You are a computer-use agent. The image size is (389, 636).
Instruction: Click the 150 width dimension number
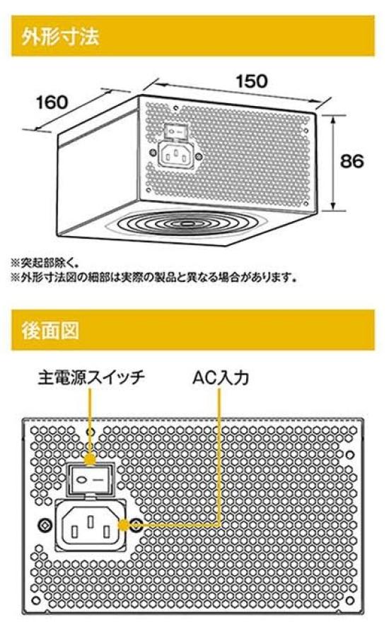click(252, 81)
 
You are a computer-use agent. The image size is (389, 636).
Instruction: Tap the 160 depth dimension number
click(52, 102)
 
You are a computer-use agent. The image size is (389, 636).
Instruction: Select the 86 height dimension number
click(352, 161)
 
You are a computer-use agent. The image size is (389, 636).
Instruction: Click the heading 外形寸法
click(61, 37)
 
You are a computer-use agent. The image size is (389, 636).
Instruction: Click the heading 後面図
click(50, 331)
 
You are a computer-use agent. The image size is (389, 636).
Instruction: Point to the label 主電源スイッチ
click(91, 377)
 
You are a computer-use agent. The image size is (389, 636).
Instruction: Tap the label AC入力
click(221, 377)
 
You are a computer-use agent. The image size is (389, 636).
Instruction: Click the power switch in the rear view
click(91, 478)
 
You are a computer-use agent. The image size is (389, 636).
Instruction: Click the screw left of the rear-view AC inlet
click(45, 525)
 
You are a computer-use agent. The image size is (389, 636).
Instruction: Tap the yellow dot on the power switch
click(90, 459)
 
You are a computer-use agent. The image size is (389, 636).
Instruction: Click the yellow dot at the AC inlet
click(123, 525)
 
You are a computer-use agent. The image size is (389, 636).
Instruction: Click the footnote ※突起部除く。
click(45, 263)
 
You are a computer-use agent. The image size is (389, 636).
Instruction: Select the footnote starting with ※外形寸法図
click(153, 278)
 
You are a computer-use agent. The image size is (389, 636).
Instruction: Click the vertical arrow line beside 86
click(333, 163)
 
